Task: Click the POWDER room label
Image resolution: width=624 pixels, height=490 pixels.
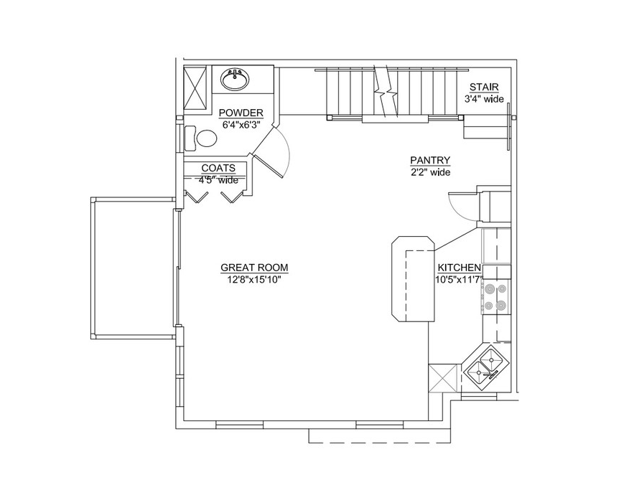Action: [241, 113]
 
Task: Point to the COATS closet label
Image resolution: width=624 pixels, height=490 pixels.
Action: [218, 169]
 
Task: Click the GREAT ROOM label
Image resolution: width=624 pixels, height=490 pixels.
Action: [254, 269]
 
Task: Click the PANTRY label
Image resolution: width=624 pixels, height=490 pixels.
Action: [430, 161]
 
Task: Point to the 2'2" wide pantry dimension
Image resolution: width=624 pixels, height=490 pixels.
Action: [430, 172]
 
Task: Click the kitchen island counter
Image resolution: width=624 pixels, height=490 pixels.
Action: [412, 277]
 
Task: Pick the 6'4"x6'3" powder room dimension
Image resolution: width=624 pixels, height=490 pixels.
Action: [241, 124]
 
